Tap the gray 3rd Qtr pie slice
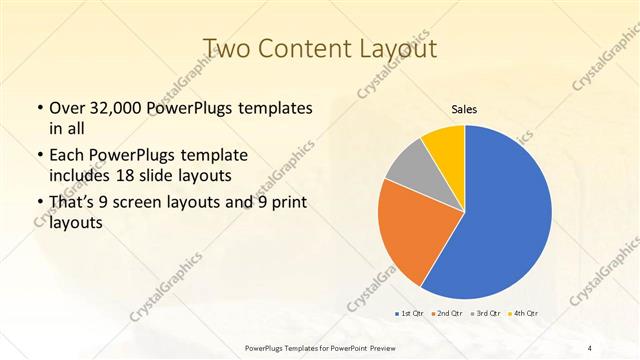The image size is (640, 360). (x=408, y=168)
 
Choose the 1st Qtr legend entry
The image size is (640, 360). (x=410, y=314)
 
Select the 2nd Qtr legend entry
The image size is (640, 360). (x=446, y=314)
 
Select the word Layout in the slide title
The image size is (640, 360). (x=394, y=49)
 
